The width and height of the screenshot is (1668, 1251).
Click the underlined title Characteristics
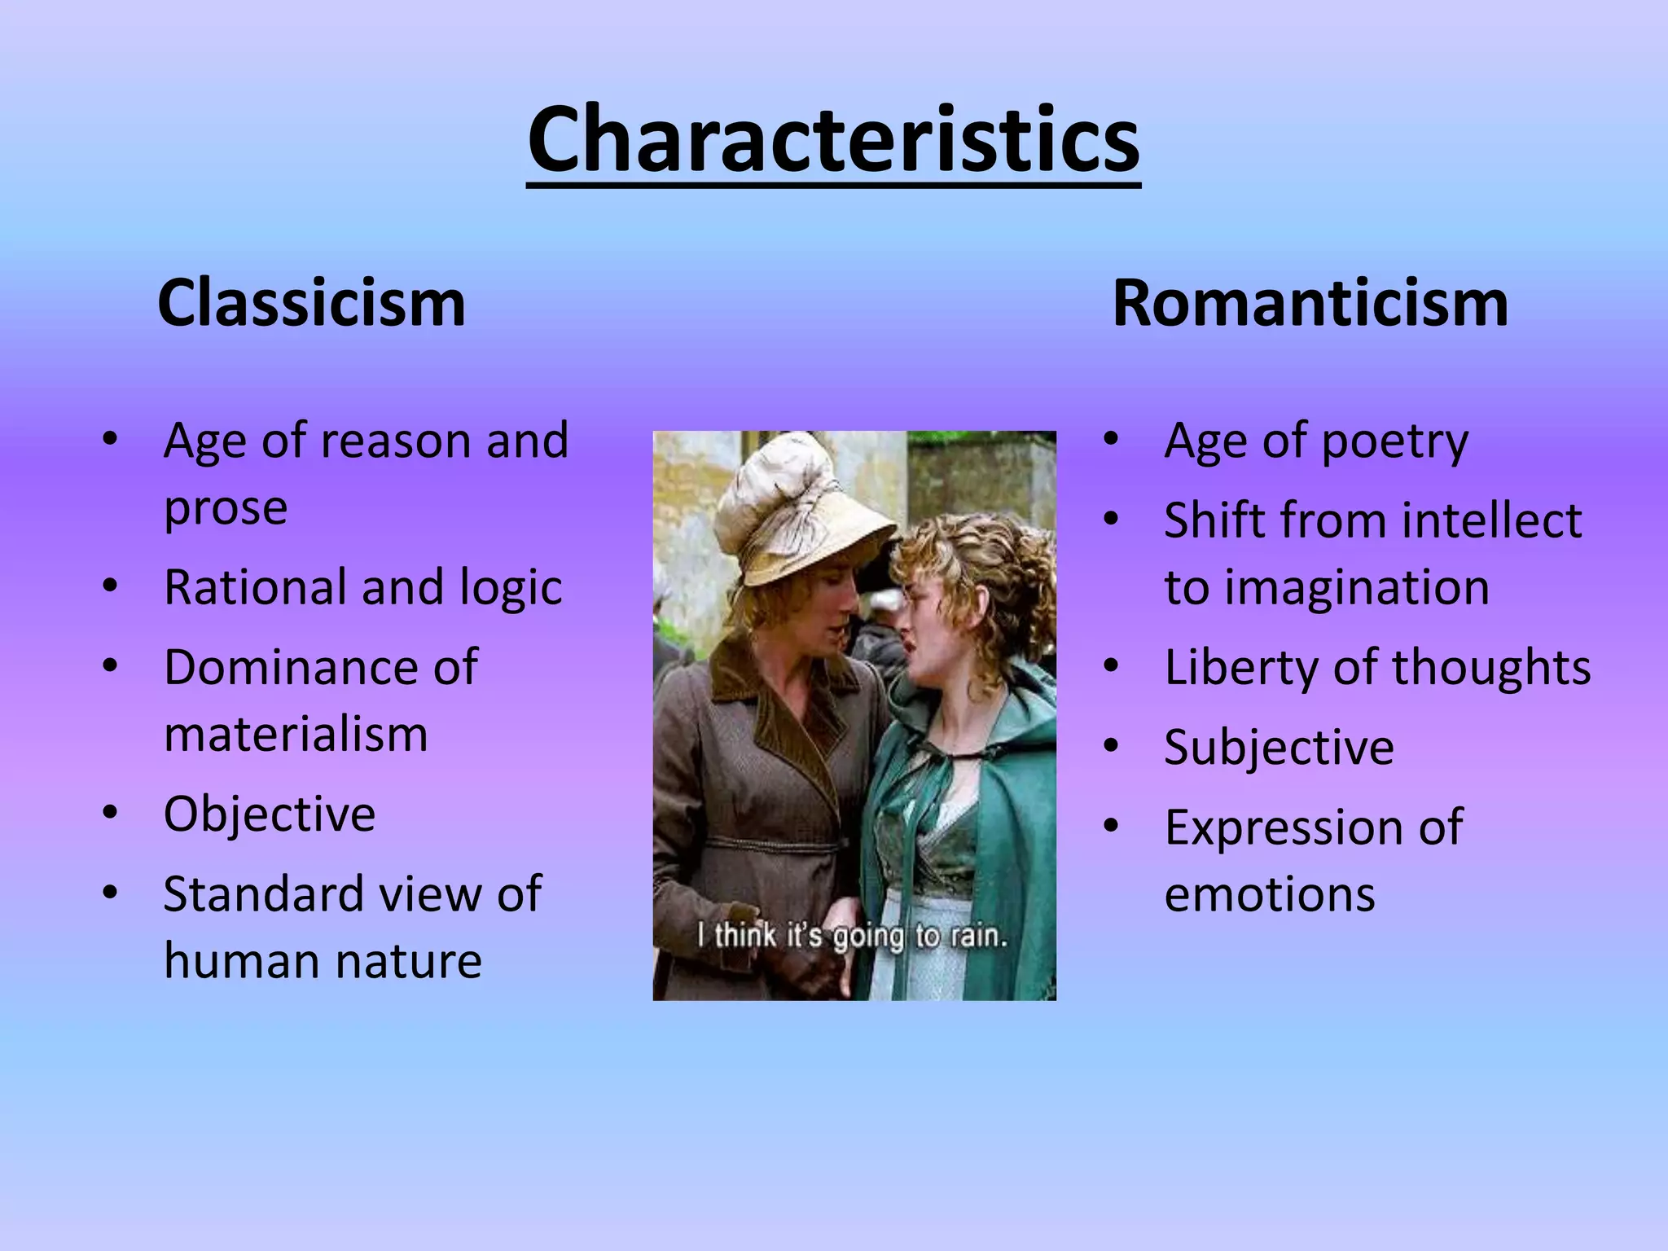tap(833, 140)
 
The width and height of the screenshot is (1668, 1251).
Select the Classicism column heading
tap(311, 303)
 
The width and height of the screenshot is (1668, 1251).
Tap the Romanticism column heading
tap(1310, 303)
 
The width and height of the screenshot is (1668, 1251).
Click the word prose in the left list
tap(226, 509)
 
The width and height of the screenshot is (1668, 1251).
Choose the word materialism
tap(296, 735)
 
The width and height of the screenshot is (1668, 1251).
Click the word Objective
tap(270, 814)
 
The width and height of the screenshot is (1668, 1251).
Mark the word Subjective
tap(1279, 747)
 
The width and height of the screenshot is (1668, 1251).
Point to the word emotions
tap(1270, 894)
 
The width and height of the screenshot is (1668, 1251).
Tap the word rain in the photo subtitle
tap(978, 937)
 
